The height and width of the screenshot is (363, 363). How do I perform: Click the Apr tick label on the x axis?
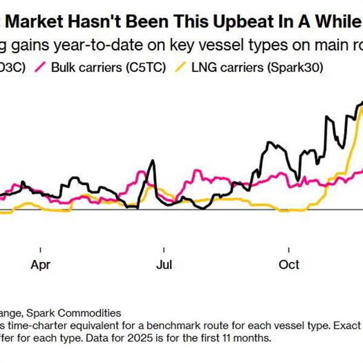(x=41, y=265)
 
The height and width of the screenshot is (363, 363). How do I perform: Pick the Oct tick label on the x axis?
(x=289, y=265)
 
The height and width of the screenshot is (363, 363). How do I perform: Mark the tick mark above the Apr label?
(x=41, y=249)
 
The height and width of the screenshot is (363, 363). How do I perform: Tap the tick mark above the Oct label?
(x=289, y=249)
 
